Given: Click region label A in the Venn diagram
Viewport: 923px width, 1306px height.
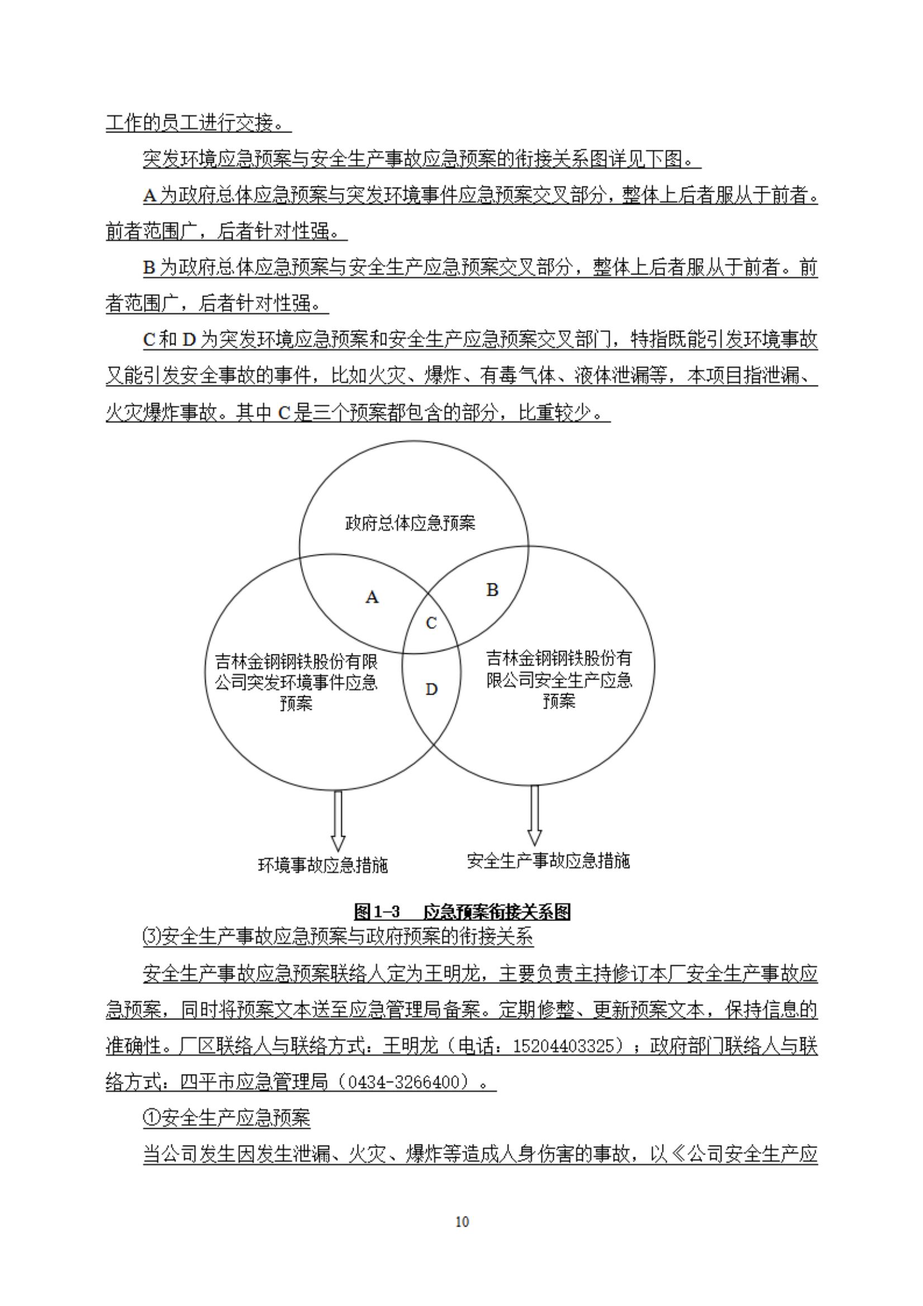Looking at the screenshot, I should coord(372,597).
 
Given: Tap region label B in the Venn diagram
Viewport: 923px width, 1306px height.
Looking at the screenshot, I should coord(492,590).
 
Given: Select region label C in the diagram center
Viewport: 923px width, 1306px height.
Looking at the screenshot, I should coord(431,624).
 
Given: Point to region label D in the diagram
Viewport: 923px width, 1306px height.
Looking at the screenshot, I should coord(431,690).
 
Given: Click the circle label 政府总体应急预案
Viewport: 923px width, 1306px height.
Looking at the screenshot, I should coord(410,523).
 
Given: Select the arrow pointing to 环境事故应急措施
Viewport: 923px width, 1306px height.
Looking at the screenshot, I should coord(338,820).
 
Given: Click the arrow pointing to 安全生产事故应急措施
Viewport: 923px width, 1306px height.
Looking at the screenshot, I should coord(534,816).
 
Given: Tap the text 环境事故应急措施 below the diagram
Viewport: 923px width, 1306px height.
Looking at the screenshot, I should coord(323,865).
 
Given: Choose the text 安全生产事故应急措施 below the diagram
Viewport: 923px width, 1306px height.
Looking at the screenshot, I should coord(548,860).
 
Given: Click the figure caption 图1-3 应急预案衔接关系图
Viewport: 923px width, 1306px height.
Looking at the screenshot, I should coord(462,911).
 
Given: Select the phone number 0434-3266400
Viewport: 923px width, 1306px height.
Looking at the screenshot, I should coord(412,1082).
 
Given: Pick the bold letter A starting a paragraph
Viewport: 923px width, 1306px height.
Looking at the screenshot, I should coord(150,196).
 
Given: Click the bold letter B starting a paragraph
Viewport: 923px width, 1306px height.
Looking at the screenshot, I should coord(150,268).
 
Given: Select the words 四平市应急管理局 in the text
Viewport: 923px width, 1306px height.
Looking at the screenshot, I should coord(254,1082).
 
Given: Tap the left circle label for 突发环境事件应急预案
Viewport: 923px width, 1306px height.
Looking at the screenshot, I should coord(296,682).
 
